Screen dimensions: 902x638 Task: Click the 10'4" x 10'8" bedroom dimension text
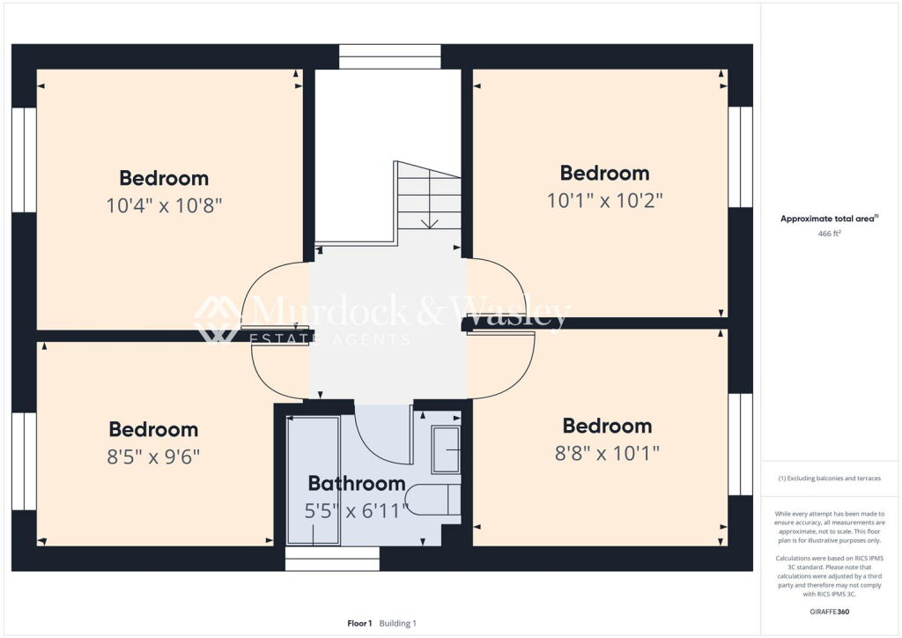(x=164, y=204)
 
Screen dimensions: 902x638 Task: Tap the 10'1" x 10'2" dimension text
(x=604, y=200)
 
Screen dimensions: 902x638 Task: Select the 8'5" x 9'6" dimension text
(x=153, y=456)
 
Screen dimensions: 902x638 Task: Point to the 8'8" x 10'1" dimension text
(x=607, y=453)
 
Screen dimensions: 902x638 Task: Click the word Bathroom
(x=357, y=483)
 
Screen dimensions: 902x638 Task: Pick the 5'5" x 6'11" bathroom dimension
(x=356, y=510)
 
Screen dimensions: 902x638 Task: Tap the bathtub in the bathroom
(x=313, y=480)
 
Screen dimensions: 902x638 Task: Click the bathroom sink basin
(x=447, y=449)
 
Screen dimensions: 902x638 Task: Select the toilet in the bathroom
(x=433, y=500)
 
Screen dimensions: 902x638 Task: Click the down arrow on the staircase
(x=429, y=223)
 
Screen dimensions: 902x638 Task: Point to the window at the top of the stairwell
(x=390, y=56)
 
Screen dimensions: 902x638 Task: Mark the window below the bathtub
(x=332, y=559)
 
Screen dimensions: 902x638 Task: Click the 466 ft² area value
(x=830, y=233)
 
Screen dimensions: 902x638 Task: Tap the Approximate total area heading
(x=829, y=219)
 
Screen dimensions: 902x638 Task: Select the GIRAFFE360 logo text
(x=830, y=612)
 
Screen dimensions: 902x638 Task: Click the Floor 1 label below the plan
(x=359, y=623)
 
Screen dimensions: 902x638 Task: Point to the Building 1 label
(x=397, y=623)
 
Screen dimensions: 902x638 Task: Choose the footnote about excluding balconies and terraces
(x=830, y=478)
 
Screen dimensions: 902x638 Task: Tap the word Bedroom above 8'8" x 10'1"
(x=608, y=426)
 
